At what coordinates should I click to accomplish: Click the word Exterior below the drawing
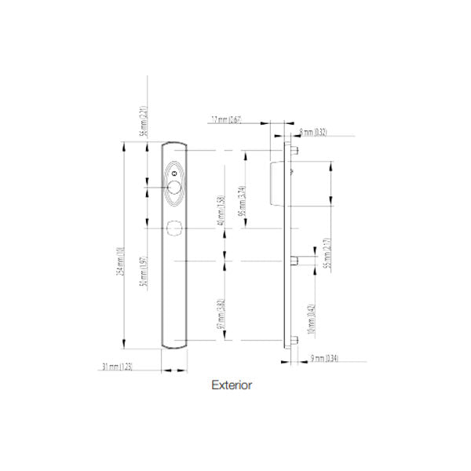pyautogui.click(x=232, y=385)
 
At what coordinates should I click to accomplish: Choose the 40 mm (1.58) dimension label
pyautogui.click(x=221, y=210)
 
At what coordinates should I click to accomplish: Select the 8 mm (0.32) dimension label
pyautogui.click(x=314, y=133)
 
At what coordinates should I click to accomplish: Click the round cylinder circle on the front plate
pyautogui.click(x=173, y=187)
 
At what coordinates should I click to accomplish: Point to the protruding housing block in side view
pyautogui.click(x=276, y=181)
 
